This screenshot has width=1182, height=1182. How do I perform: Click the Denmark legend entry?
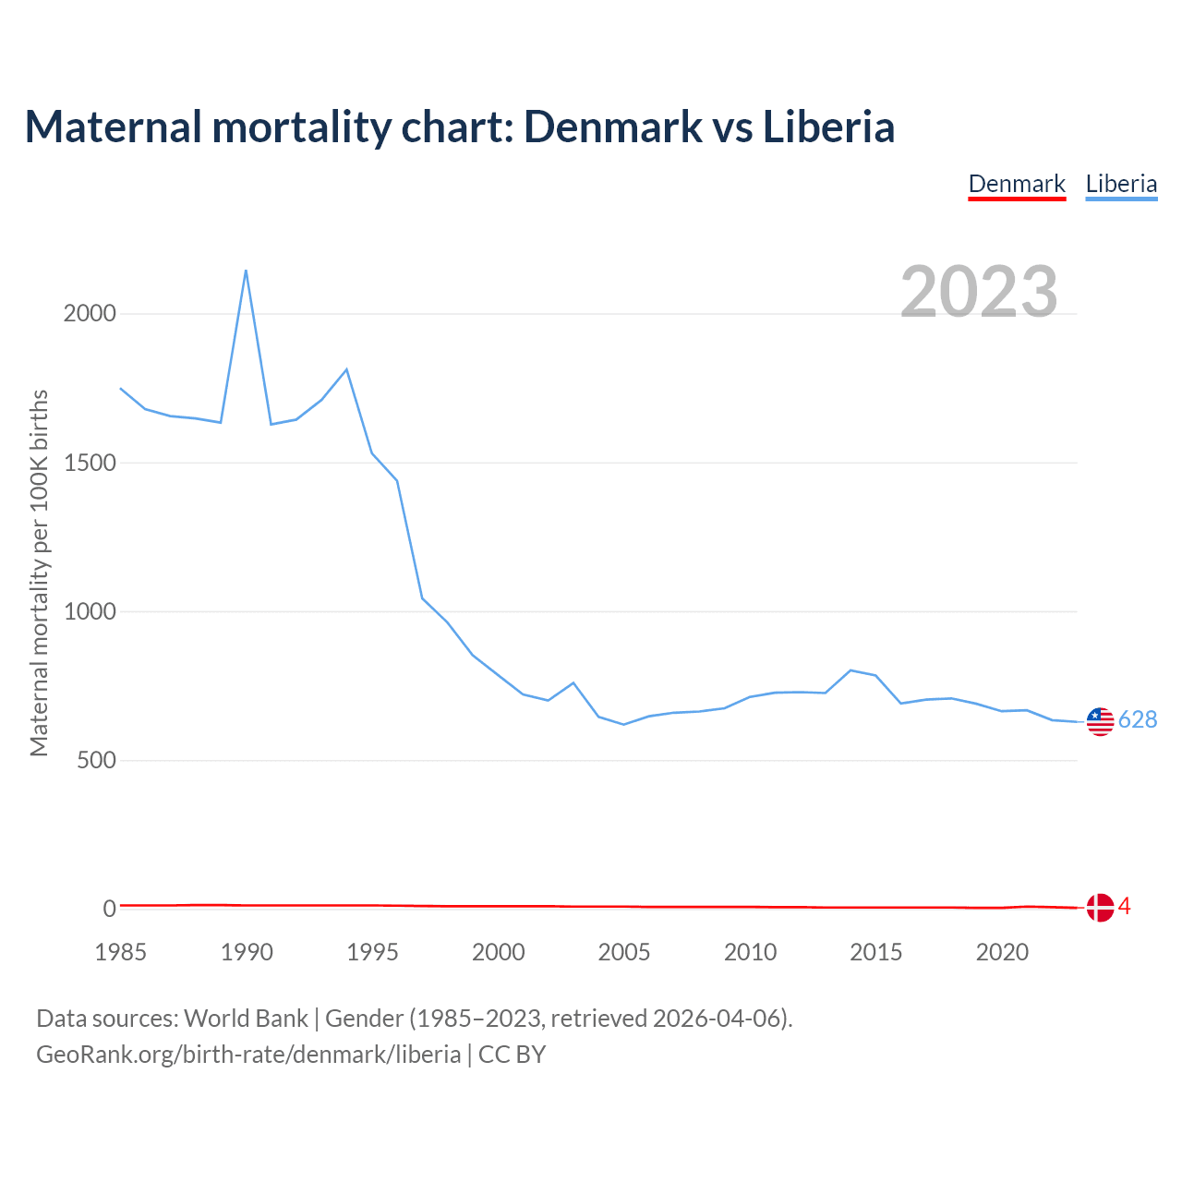pos(1017,184)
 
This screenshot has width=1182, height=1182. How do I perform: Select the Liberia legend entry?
pos(1121,184)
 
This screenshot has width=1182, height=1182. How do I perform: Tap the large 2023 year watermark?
pos(979,292)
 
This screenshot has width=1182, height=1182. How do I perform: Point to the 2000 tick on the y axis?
pos(90,314)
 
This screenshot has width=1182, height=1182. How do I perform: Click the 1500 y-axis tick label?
pos(90,463)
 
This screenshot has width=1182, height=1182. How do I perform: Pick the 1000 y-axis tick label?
pos(90,611)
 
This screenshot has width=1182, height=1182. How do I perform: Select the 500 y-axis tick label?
pos(97,760)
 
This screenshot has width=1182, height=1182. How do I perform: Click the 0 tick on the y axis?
pos(110,909)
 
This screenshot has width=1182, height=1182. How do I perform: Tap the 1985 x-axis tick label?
pos(121,952)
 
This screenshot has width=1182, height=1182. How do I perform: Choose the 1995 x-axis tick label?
pos(372,952)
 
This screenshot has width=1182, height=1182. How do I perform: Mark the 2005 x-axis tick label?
pos(624,952)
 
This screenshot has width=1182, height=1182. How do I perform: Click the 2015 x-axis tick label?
pos(876,952)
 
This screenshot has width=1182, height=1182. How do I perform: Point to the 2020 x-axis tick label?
pos(1002,952)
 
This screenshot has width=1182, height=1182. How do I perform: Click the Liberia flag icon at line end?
pos(1100,721)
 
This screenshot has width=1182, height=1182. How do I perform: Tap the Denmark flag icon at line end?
pos(1100,908)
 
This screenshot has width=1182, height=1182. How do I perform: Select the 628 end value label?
pos(1138,720)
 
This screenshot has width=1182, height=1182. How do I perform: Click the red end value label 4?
pos(1124,907)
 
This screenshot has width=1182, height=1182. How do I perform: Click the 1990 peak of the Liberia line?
pos(246,271)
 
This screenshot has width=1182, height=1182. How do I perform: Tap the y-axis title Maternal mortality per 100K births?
pos(40,573)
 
